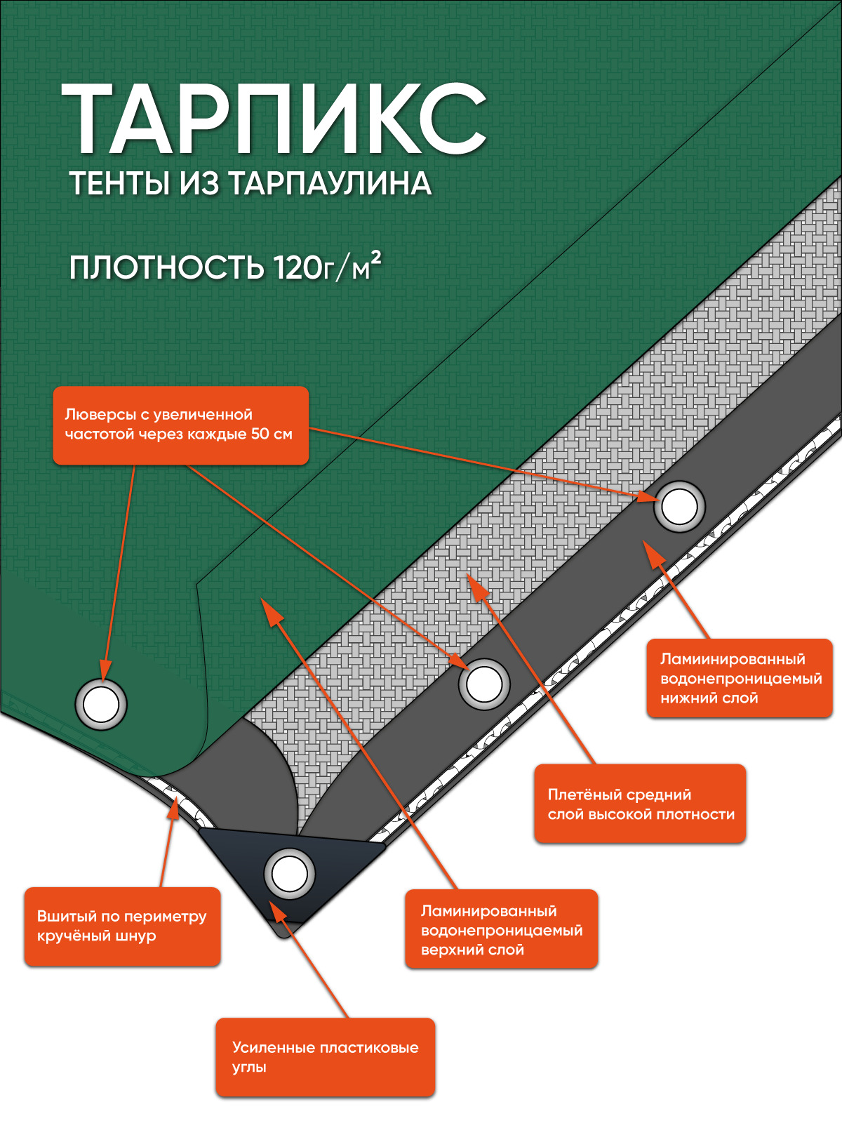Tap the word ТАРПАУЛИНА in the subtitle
[x=330, y=184]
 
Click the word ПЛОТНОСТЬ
[x=167, y=268]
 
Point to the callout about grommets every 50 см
[x=180, y=425]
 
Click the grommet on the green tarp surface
[x=101, y=704]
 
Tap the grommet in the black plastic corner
[x=289, y=874]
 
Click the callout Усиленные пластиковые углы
[x=325, y=1057]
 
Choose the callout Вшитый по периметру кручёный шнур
[x=122, y=926]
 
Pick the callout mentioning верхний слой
[x=501, y=929]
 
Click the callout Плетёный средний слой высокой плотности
[x=639, y=804]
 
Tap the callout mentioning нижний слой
[x=739, y=678]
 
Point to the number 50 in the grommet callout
[x=261, y=434]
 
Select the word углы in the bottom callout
[x=249, y=1068]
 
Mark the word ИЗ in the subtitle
[x=199, y=184]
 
